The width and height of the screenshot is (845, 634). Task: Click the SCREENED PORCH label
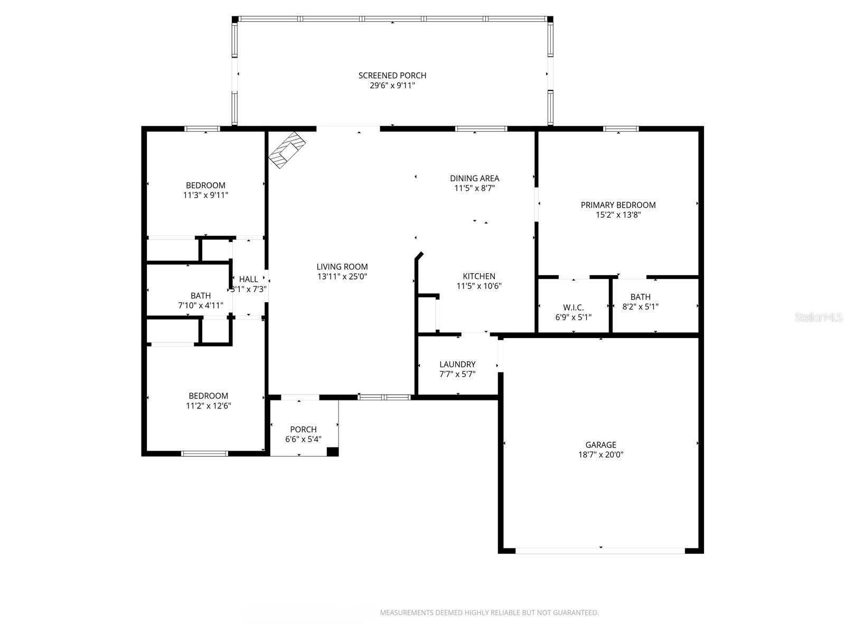click(x=392, y=76)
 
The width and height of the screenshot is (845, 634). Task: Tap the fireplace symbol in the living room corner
click(x=287, y=150)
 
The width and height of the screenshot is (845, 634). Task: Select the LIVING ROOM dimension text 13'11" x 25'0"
click(x=342, y=276)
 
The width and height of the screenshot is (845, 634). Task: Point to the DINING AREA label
click(x=474, y=179)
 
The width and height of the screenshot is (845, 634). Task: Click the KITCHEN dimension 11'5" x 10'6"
click(x=478, y=286)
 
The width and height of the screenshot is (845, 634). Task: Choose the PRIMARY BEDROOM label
click(x=618, y=205)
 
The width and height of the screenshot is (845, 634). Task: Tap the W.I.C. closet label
click(x=573, y=307)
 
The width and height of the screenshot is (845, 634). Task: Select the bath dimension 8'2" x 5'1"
click(x=640, y=306)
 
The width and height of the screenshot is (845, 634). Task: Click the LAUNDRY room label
click(x=457, y=365)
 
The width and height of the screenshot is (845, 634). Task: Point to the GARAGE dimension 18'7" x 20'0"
click(x=600, y=454)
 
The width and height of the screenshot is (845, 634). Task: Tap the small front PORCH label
click(x=303, y=430)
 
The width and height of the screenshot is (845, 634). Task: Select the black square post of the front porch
click(x=332, y=451)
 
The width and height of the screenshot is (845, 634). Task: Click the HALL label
click(x=249, y=279)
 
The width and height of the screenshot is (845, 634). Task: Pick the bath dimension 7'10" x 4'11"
click(x=200, y=305)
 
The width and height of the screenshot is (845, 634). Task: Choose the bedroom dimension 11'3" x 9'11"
click(x=205, y=195)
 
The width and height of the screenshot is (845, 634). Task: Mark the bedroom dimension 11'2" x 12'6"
click(x=208, y=406)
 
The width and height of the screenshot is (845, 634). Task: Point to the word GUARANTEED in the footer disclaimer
click(x=574, y=613)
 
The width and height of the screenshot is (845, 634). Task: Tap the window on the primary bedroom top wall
click(x=621, y=128)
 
